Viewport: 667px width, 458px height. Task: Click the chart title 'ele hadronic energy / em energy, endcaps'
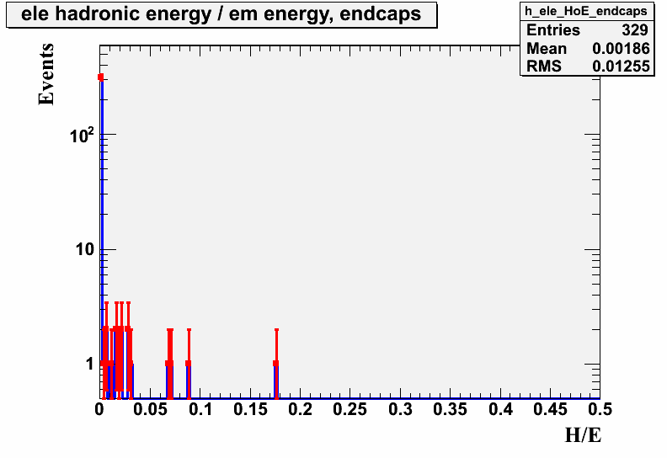click(x=221, y=14)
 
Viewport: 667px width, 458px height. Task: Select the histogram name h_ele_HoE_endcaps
click(x=586, y=11)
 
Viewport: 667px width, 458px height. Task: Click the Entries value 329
click(x=635, y=30)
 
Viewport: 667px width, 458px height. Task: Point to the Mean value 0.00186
click(x=621, y=49)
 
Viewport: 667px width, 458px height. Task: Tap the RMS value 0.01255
click(x=621, y=67)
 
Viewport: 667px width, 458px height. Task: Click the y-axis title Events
click(x=46, y=74)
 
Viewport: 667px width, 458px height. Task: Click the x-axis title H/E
click(x=583, y=435)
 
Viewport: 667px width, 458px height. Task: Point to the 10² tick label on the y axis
click(x=82, y=135)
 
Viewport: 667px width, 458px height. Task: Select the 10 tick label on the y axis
click(x=85, y=249)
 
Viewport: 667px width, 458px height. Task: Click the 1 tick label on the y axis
click(x=89, y=364)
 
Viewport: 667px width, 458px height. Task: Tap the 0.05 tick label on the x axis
click(x=150, y=409)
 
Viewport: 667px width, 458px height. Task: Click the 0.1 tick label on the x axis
click(x=200, y=409)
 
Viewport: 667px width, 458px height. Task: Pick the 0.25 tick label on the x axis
click(x=350, y=409)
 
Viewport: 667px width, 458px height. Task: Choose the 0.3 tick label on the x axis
click(x=400, y=409)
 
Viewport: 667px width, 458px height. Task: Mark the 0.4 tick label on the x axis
click(x=500, y=409)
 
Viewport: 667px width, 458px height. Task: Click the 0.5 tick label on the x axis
click(x=600, y=409)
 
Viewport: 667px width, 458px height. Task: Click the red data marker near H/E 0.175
click(x=275, y=363)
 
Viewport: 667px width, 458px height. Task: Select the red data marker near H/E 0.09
click(x=188, y=363)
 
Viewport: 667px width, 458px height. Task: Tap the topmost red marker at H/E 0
click(x=101, y=77)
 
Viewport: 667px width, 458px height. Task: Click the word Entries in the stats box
click(x=553, y=30)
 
